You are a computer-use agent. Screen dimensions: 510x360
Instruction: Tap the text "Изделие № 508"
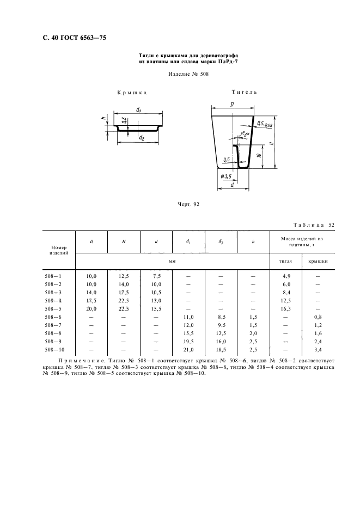tap(180, 74)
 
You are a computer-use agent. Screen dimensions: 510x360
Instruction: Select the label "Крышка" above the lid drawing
tap(132, 93)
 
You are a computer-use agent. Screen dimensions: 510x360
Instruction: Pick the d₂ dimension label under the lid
tap(142, 138)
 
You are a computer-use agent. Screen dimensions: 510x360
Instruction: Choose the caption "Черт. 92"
tap(189, 204)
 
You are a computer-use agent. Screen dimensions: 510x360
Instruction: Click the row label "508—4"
tap(53, 300)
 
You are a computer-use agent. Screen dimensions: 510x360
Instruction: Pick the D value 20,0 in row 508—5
tap(91, 308)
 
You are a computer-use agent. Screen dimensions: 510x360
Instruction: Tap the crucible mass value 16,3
tap(285, 308)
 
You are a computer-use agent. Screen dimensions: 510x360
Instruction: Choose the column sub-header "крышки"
tap(318, 262)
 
